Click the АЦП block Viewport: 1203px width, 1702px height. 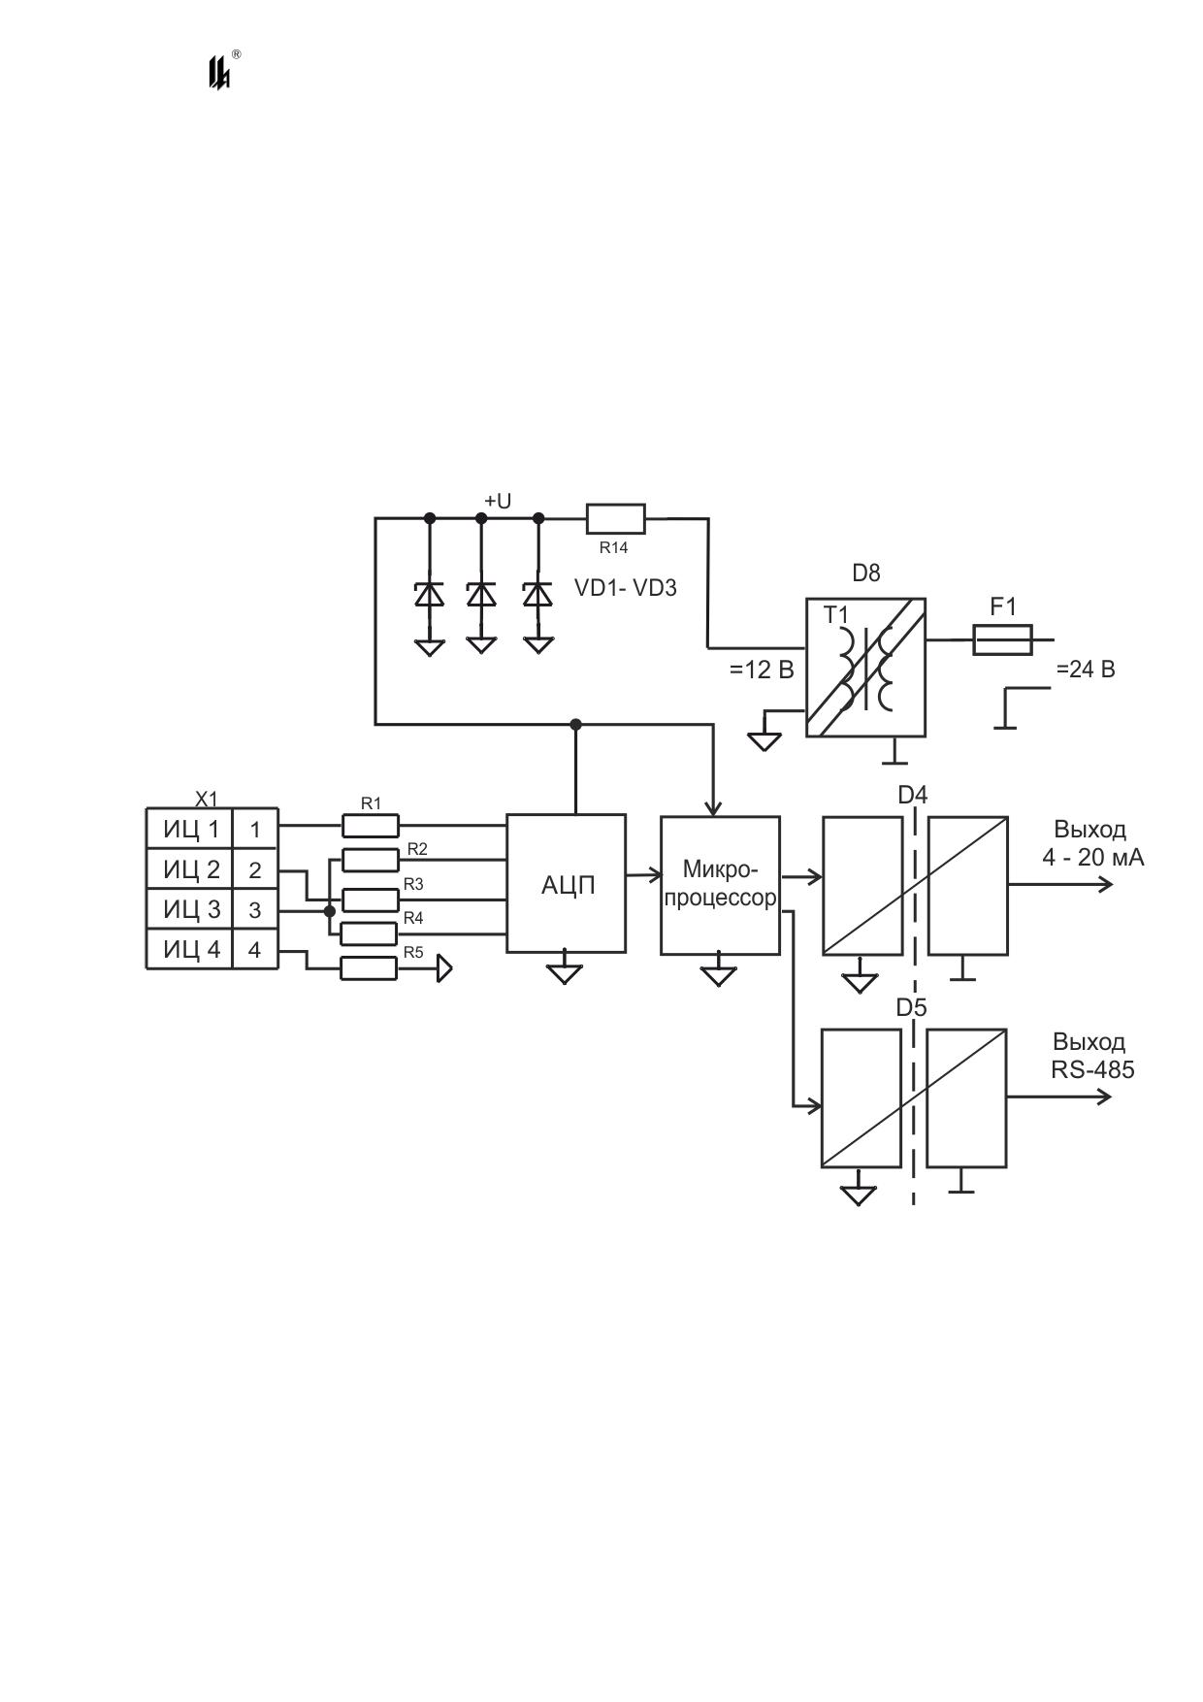pos(566,883)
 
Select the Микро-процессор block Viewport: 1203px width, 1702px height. pos(720,885)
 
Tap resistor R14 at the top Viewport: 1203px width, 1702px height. pos(616,519)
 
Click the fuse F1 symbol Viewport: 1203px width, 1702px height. pos(1002,640)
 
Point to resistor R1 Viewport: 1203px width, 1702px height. pos(371,826)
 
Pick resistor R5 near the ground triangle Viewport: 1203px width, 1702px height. pos(369,967)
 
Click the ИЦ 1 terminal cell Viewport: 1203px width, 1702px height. pos(190,830)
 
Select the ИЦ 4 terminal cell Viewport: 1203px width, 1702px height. pos(190,949)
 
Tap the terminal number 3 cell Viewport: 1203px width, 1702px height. pos(255,910)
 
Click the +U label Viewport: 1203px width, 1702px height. pos(498,502)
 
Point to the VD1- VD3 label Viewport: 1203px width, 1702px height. pos(626,588)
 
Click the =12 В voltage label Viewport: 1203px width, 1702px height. pos(762,670)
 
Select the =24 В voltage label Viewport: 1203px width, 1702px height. pos(1086,670)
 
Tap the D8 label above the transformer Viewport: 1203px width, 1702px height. pos(866,573)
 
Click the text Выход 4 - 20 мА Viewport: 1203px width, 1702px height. pos(1092,843)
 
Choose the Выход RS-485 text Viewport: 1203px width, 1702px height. pos(1092,1056)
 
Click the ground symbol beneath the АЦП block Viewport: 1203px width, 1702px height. pos(564,972)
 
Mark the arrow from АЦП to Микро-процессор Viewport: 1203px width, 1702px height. pos(643,876)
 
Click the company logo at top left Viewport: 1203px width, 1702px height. pos(222,70)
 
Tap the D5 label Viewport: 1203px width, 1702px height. pos(911,1008)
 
